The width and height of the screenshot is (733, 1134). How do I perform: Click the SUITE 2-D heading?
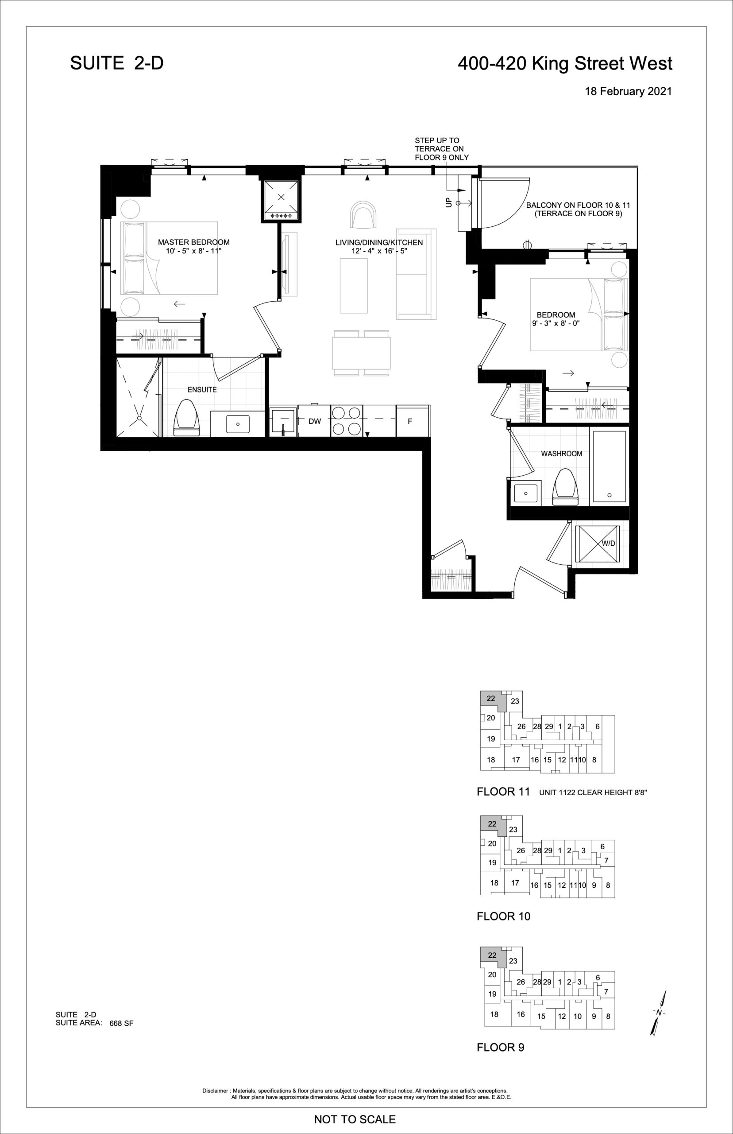click(x=116, y=63)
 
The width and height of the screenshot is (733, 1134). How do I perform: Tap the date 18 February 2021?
click(x=628, y=91)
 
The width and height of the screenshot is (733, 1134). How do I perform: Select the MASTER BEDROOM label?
click(x=194, y=242)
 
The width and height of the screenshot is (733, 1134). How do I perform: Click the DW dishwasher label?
click(x=315, y=421)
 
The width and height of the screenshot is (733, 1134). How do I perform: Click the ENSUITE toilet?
click(x=185, y=418)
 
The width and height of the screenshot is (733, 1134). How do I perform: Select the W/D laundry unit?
click(x=598, y=544)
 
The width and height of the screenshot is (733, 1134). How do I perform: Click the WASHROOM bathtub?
click(x=609, y=467)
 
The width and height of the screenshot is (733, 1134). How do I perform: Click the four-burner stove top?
click(x=347, y=420)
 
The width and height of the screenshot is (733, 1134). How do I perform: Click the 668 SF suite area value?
click(x=121, y=1023)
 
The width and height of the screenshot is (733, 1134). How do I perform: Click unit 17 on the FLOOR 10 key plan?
click(x=515, y=882)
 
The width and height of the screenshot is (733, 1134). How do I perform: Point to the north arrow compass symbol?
click(x=659, y=1012)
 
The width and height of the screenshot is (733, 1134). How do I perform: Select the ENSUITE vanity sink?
click(x=238, y=423)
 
